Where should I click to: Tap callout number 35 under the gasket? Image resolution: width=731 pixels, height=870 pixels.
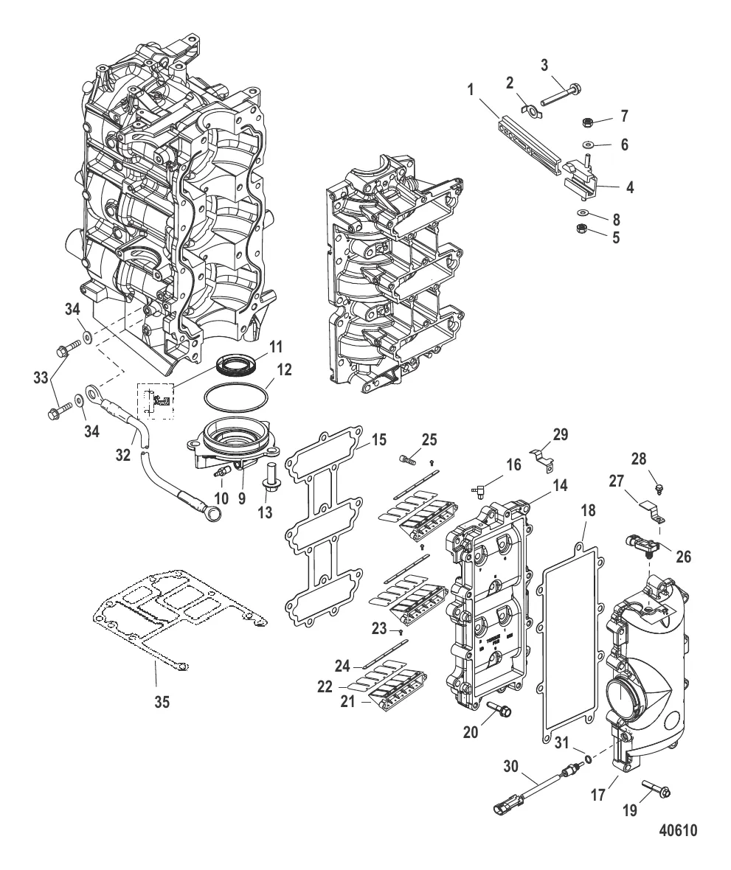(x=162, y=702)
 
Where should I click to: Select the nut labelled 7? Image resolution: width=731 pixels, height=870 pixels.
(x=581, y=119)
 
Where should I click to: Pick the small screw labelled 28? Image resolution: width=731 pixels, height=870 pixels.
(x=661, y=487)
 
